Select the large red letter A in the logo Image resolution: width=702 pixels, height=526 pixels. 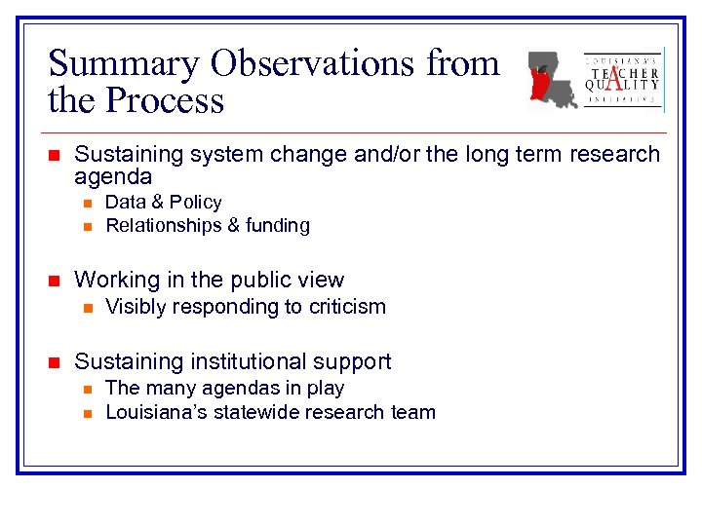[621, 80]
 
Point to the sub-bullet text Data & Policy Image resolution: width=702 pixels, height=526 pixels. [163, 203]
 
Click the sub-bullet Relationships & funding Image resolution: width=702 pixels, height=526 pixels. [207, 226]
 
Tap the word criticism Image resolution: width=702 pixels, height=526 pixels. [346, 307]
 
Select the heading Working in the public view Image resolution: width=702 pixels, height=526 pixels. [209, 280]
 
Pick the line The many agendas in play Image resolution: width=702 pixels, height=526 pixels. [224, 388]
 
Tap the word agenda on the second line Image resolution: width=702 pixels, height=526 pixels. [113, 176]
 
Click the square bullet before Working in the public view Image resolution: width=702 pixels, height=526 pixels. [55, 281]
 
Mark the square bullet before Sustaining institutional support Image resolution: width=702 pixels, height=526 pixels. [55, 362]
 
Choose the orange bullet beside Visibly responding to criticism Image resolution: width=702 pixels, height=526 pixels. [86, 308]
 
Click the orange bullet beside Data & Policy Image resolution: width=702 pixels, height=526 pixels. [86, 204]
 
